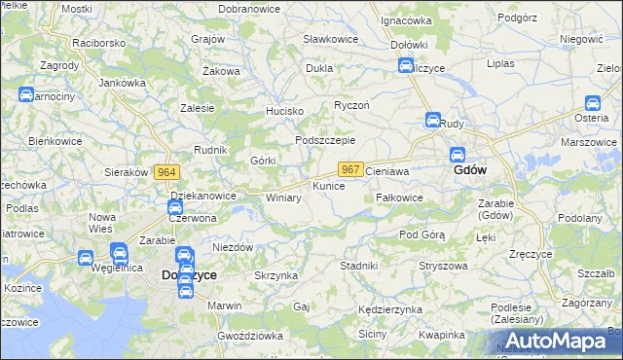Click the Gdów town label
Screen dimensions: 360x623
(x=471, y=170)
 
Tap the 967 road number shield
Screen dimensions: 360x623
(x=352, y=169)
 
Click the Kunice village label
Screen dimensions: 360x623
(x=328, y=185)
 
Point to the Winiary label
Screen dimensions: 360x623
(x=283, y=198)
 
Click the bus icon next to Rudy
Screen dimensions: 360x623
(x=432, y=121)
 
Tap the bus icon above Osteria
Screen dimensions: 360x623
(x=592, y=102)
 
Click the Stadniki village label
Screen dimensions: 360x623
(x=358, y=265)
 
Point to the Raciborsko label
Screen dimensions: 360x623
(x=99, y=44)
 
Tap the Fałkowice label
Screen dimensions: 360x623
(x=399, y=198)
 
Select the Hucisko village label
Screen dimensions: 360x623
(x=286, y=112)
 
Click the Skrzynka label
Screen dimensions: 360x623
(x=275, y=276)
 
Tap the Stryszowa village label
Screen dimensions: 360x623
(x=438, y=265)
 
